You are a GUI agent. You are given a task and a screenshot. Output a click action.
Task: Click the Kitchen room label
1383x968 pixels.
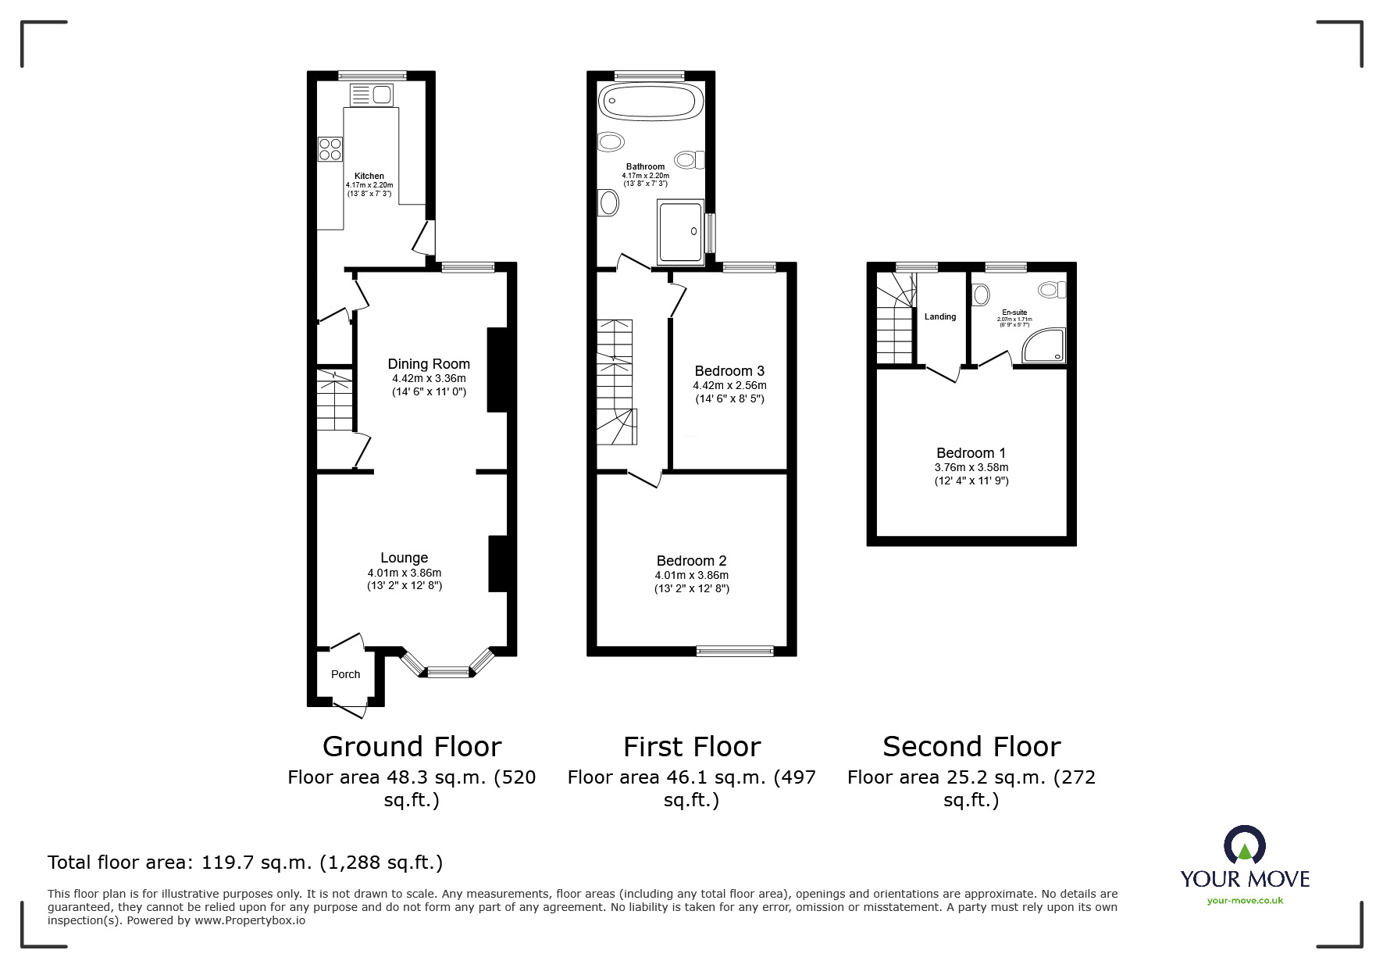click(369, 176)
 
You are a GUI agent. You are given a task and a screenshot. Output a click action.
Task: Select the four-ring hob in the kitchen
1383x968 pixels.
click(330, 149)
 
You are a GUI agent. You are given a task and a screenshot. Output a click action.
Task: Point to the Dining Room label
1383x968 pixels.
click(429, 363)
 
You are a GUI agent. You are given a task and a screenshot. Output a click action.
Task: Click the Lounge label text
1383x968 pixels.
click(405, 558)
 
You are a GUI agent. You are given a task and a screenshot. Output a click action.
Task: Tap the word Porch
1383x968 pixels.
click(346, 674)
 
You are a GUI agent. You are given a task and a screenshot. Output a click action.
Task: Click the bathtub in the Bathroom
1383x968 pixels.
click(651, 102)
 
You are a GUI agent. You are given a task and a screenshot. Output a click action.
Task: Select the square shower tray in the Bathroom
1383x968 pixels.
click(681, 230)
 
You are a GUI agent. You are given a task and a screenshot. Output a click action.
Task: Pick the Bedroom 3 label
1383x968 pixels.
click(729, 371)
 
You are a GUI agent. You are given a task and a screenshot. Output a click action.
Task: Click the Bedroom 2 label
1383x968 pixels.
click(692, 561)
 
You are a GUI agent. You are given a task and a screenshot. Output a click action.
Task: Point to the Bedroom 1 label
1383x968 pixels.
click(971, 453)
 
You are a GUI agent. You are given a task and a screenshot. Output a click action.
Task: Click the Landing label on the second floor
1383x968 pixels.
click(940, 316)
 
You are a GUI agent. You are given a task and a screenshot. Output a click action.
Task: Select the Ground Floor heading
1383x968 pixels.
click(412, 747)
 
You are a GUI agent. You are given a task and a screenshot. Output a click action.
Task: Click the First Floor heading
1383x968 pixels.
click(692, 747)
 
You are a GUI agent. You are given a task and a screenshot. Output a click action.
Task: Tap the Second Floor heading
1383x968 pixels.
click(971, 747)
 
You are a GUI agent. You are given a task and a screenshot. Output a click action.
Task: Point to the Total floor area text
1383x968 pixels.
click(245, 863)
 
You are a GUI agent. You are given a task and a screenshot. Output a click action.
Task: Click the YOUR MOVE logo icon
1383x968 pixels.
click(1245, 845)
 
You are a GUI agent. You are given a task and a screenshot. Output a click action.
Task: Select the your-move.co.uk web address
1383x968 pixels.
click(1245, 901)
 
